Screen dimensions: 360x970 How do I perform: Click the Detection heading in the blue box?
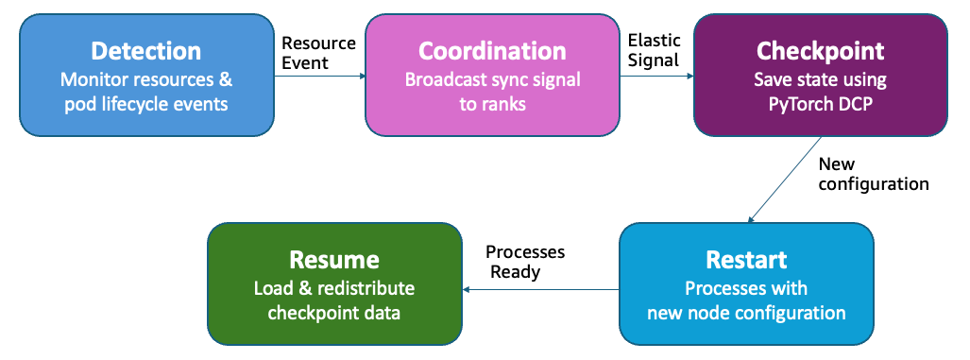[x=145, y=51]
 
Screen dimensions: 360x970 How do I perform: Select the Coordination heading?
[x=492, y=51]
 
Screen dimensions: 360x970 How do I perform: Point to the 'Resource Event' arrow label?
[x=318, y=53]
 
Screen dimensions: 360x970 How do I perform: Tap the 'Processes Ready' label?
[x=524, y=262]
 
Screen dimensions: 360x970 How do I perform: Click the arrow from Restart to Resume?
[x=538, y=288]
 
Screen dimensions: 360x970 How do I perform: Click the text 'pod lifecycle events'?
[x=145, y=103]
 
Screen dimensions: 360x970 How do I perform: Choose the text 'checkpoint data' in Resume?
[x=334, y=313]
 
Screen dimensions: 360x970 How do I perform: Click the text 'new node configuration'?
[x=746, y=313]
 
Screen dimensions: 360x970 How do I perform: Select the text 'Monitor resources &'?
[x=145, y=79]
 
